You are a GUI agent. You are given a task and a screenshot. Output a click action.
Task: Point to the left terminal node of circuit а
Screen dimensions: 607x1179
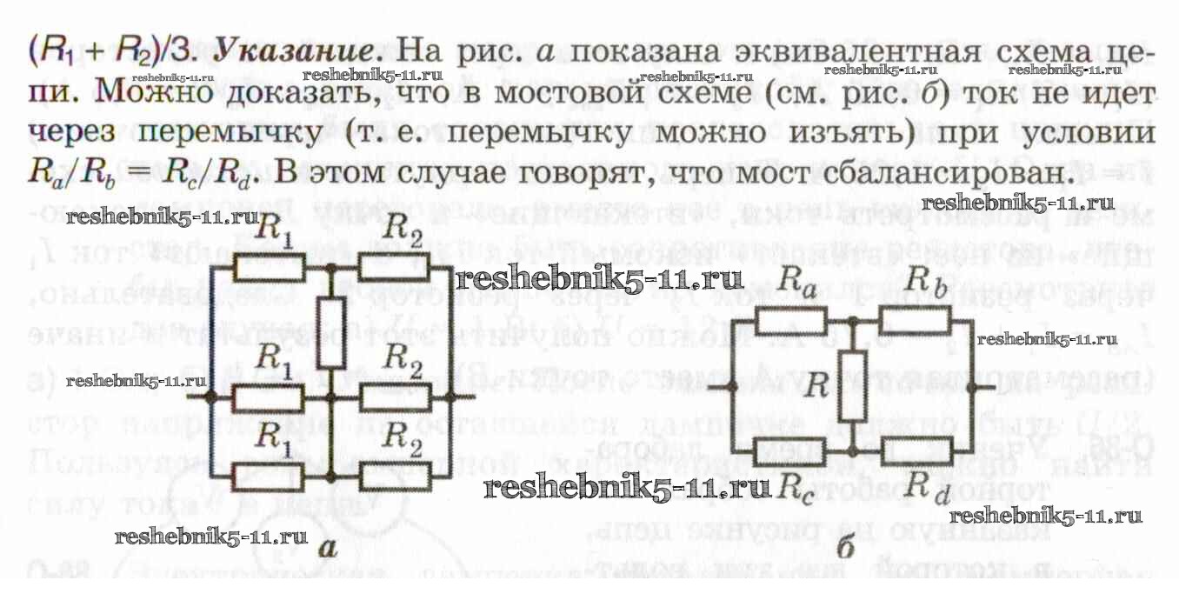tap(210, 397)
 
